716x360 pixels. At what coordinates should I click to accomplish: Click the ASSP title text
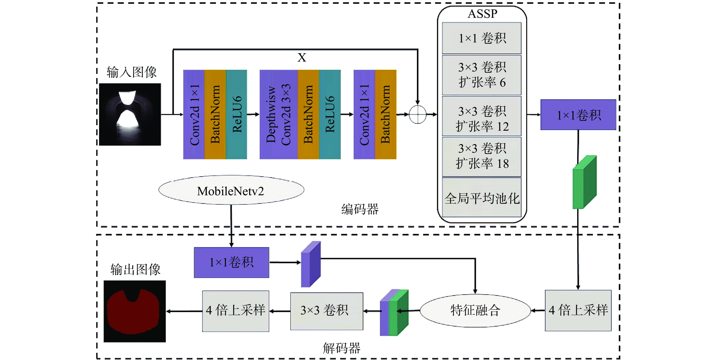click(482, 14)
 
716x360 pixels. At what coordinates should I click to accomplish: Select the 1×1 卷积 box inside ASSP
click(482, 38)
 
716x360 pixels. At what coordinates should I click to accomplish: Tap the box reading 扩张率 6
click(482, 75)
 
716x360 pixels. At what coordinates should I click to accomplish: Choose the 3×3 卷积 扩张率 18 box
click(482, 156)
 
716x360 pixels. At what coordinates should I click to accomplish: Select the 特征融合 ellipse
click(475, 310)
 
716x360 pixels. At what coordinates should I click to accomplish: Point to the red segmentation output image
click(134, 311)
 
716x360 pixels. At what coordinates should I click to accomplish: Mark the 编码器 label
click(360, 209)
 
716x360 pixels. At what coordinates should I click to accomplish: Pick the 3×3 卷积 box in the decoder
click(327, 311)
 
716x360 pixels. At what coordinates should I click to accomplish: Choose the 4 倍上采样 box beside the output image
click(235, 311)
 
